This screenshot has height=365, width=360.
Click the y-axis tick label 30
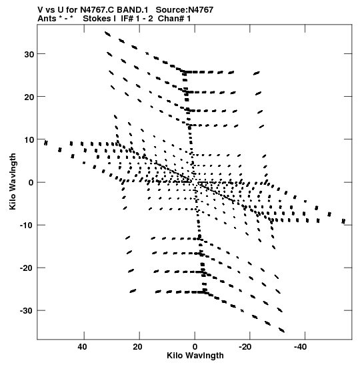(29, 55)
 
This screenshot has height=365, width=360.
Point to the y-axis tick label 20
(29, 97)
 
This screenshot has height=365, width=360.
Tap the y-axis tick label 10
(29, 140)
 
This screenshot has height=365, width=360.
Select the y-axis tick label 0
(31, 183)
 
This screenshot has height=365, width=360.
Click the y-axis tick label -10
(27, 226)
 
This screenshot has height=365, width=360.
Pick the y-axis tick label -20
(27, 268)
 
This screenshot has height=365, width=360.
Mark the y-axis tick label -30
(27, 311)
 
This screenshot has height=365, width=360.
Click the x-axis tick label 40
(83, 347)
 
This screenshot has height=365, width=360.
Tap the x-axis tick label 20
(138, 347)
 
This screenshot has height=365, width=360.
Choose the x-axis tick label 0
(195, 347)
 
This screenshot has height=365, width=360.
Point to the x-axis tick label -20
(245, 347)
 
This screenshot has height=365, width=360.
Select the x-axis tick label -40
(300, 347)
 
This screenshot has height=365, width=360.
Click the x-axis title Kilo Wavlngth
(195, 356)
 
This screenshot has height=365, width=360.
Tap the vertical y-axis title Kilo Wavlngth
(13, 181)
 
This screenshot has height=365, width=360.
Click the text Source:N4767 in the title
(185, 10)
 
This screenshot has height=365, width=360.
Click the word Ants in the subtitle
(47, 19)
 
